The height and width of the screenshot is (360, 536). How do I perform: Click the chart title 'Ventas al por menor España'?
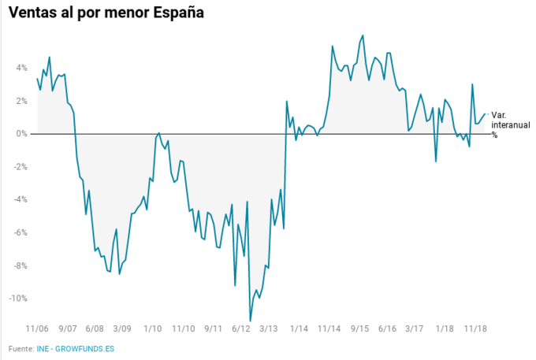coord(106,13)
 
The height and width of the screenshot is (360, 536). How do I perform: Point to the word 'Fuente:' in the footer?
coord(22,348)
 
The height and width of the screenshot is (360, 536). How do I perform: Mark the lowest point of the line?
coord(250,321)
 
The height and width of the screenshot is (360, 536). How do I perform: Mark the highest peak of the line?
coord(362,35)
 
